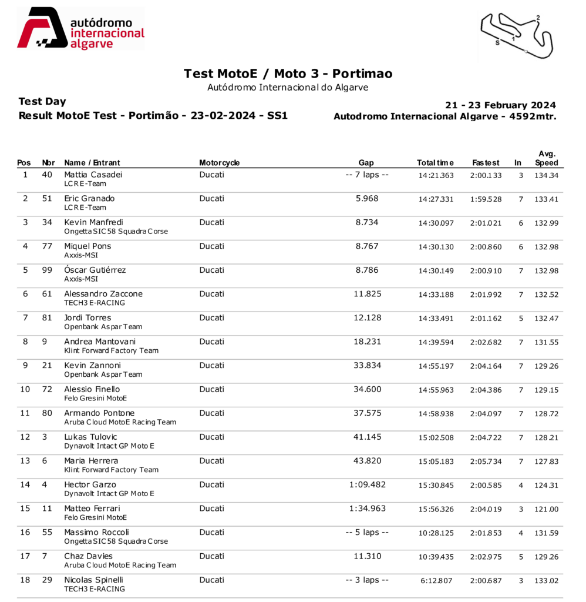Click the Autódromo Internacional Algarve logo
[80, 29]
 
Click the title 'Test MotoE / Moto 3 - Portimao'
[288, 73]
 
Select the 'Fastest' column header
[486, 163]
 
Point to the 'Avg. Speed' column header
[547, 159]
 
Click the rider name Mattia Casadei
[93, 175]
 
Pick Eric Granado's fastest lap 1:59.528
[486, 199]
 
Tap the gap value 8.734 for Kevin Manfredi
[367, 222]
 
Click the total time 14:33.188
[436, 295]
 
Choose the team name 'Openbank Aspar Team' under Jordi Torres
[103, 327]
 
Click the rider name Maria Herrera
[91, 461]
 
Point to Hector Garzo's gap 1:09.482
[367, 485]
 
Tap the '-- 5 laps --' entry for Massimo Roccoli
[367, 533]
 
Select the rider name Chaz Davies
[88, 556]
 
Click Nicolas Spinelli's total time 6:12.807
[437, 581]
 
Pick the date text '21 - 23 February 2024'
[500, 105]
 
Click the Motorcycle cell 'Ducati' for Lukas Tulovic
[211, 437]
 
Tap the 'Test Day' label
[42, 102]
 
